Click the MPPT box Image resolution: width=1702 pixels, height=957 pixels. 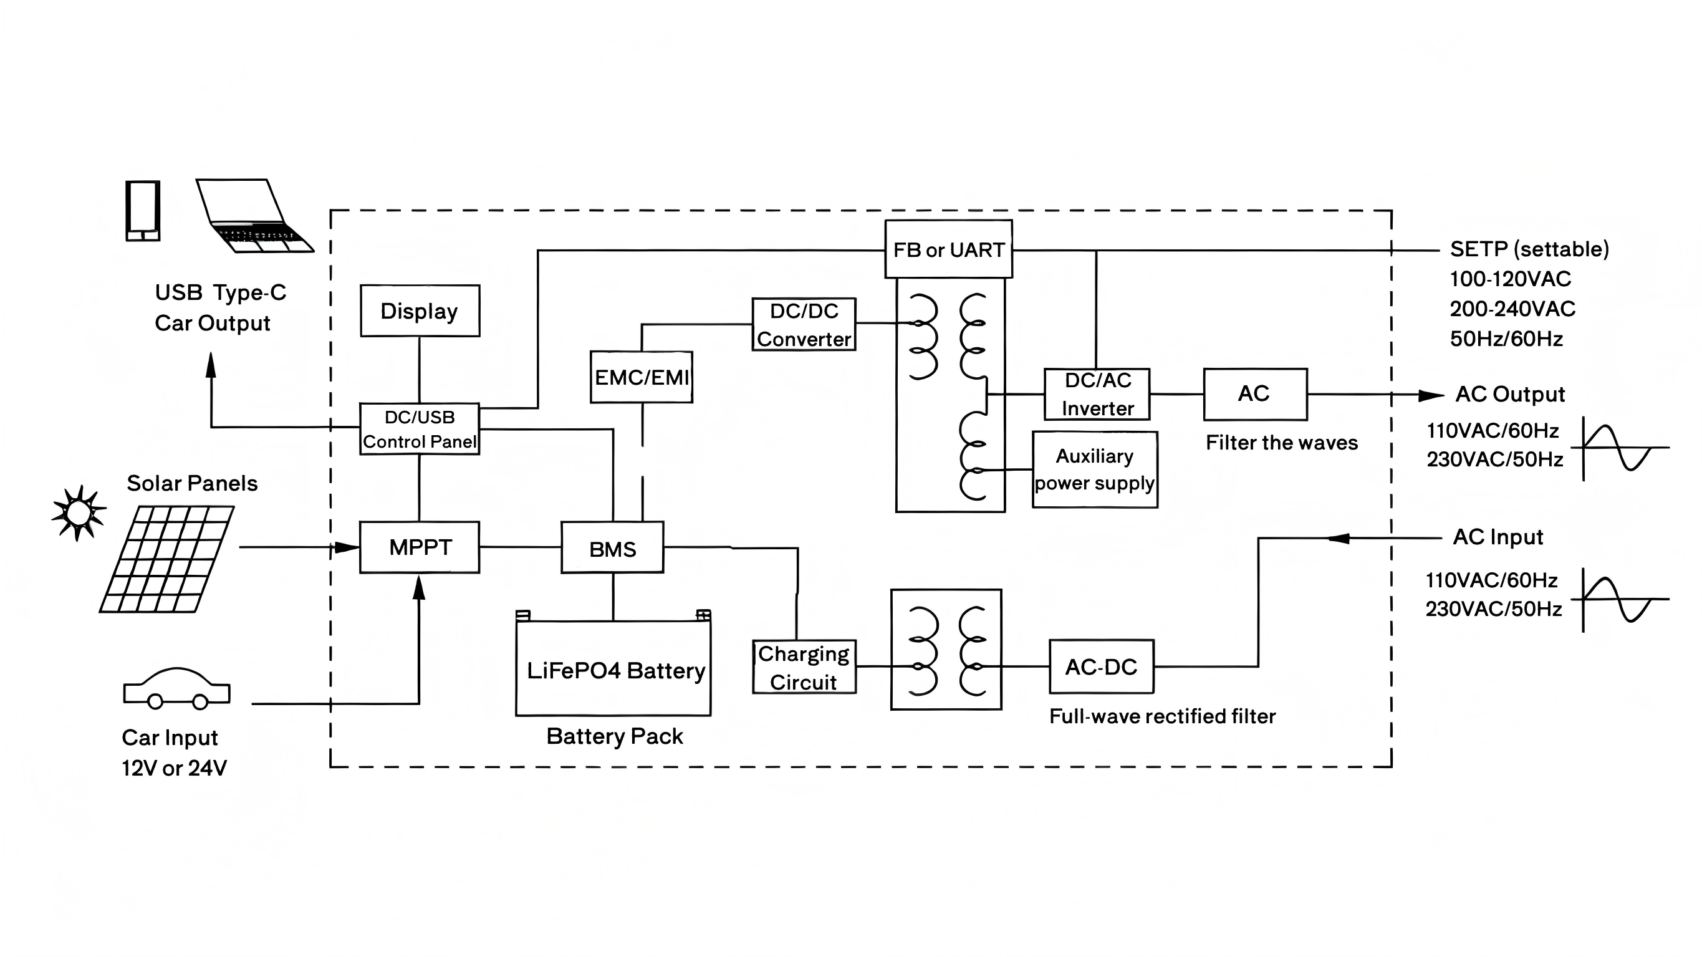[x=420, y=547]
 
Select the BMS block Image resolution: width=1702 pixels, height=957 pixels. [x=612, y=547]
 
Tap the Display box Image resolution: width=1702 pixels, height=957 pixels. [x=420, y=310]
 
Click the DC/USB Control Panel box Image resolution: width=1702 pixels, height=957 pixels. [x=420, y=429]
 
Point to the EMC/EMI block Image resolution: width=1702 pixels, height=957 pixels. [x=642, y=377]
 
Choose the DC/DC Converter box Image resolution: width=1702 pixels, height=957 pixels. [x=804, y=325]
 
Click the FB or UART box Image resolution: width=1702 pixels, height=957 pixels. [x=949, y=249]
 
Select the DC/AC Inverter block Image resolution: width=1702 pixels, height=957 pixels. [x=1097, y=395]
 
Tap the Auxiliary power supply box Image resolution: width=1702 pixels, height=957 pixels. [x=1095, y=470]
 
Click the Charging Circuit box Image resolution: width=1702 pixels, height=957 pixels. [x=804, y=667]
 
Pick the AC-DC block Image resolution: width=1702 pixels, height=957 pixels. [x=1102, y=667]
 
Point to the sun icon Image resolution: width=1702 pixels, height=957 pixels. [x=79, y=512]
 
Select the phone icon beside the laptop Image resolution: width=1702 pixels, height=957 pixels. [x=143, y=211]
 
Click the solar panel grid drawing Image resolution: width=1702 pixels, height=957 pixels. [x=166, y=559]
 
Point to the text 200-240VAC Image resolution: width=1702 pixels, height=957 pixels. [x=1512, y=309]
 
